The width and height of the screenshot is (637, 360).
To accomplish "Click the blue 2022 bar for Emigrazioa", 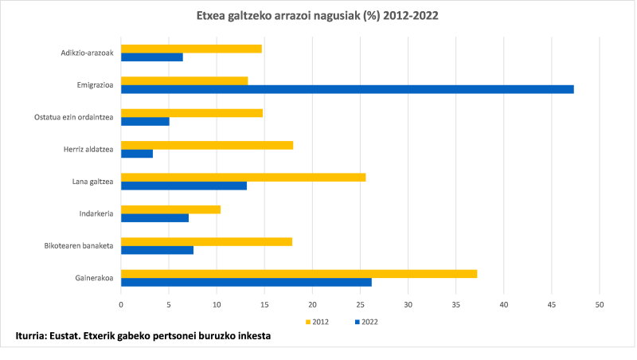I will (x=347, y=89).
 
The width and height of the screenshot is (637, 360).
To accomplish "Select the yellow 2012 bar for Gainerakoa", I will (x=299, y=273).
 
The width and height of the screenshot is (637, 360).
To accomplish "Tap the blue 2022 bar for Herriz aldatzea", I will (x=137, y=154).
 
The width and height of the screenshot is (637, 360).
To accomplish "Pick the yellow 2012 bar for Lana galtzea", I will (x=243, y=177).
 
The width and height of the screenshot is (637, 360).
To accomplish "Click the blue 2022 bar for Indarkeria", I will (x=154, y=217).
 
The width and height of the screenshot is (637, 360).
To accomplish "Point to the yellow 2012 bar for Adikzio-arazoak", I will (x=191, y=49).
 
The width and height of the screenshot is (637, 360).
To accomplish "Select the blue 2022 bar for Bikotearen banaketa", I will (x=157, y=249).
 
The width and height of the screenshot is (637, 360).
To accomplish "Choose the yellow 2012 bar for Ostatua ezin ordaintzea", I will (x=191, y=113).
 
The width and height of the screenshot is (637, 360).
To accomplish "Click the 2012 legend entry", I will (x=317, y=322).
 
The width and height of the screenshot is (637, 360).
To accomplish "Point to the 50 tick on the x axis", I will (x=600, y=304).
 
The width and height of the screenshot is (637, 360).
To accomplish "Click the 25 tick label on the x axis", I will (x=360, y=304).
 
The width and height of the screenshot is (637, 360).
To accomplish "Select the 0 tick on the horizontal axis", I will (x=121, y=304).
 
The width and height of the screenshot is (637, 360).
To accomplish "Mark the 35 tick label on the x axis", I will (x=456, y=304).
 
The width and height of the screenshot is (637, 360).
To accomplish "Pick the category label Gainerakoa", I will (x=92, y=277).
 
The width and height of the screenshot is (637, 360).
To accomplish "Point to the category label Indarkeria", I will (x=95, y=213).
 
